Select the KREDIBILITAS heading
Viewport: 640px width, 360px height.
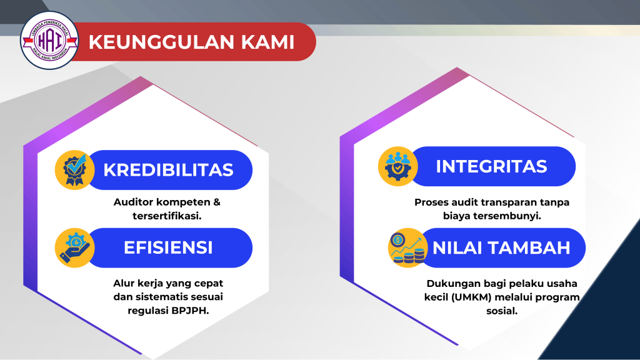point(168,169)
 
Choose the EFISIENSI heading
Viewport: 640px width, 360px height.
point(168,247)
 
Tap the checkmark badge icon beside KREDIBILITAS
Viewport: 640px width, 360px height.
point(74,169)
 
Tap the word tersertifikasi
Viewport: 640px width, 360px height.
point(167,216)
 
